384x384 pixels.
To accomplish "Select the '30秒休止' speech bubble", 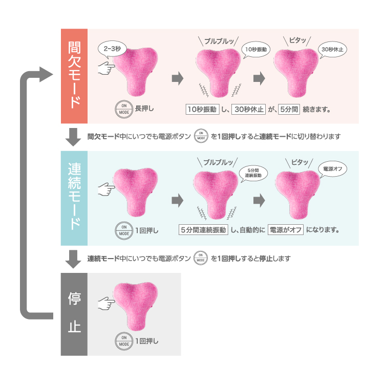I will click(333, 49).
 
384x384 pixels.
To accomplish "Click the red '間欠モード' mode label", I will click(74, 76).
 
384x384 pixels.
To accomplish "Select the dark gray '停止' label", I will click(74, 313).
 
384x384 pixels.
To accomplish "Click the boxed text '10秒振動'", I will click(202, 109).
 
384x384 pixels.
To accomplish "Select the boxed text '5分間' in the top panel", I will click(289, 109).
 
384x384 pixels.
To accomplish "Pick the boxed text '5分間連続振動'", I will click(203, 230).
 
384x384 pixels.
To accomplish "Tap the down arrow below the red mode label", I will click(74, 137).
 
